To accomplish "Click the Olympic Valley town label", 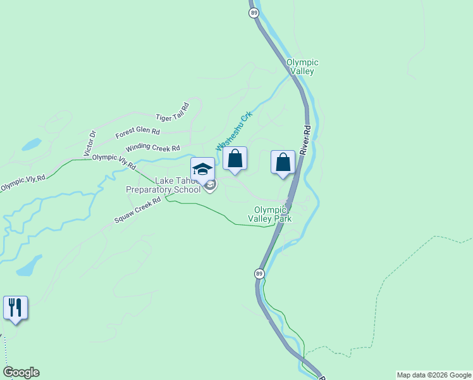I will [x=302, y=66].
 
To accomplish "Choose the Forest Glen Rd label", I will [x=137, y=134].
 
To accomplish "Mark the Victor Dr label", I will [x=90, y=143].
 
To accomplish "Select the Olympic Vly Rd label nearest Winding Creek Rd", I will [x=114, y=161].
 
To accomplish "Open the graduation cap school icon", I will [x=202, y=169].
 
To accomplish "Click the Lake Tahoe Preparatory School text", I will [x=163, y=185].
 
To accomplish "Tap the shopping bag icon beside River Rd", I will [x=283, y=162].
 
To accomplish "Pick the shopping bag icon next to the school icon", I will [x=235, y=159].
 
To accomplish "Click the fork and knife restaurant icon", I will [x=15, y=308].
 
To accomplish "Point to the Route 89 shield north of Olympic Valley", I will [x=253, y=13].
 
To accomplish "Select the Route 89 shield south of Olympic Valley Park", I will [x=259, y=274].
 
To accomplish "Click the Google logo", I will [x=21, y=372].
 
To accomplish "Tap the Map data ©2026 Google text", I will [x=433, y=375].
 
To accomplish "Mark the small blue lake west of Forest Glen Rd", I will [x=32, y=144].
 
